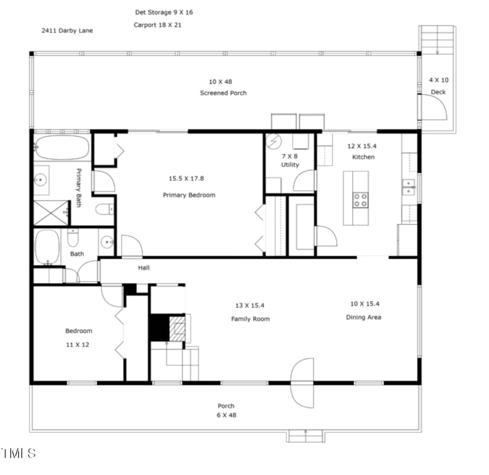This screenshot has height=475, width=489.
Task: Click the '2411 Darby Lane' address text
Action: coord(67,30)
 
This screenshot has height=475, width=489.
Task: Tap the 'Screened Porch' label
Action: coord(223,93)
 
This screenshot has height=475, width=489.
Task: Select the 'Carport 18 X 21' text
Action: coord(158,25)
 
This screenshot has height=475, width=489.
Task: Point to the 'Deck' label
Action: coord(438,92)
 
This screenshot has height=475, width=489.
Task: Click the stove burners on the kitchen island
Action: coord(361,199)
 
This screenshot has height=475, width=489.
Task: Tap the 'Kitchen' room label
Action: coord(363,157)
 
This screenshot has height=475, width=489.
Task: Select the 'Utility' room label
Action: coord(290,165)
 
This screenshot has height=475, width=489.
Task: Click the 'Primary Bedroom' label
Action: coord(189,195)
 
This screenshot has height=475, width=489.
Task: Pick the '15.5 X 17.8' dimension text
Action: coord(186,179)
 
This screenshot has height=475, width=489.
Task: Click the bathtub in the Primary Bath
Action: coord(62,148)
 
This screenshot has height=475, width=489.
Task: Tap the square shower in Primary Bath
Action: coord(51,212)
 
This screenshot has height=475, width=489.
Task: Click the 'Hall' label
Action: coord(144,268)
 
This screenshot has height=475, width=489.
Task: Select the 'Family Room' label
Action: coord(250,319)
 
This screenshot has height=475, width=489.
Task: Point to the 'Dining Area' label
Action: coord(364,317)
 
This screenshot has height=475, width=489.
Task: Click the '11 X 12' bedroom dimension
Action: coord(78,345)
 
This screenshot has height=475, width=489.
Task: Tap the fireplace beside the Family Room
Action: coord(169,328)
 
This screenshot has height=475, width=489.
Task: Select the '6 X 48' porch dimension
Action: coord(227,415)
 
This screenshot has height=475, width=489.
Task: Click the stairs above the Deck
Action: coord(437,39)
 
